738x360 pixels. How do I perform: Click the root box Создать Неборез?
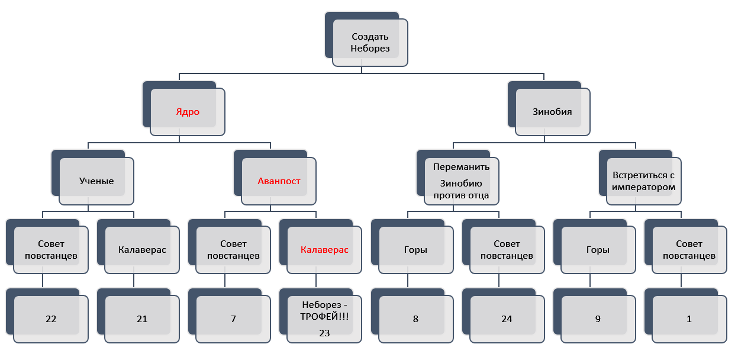(370, 43)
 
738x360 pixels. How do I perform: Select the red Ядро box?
(188, 112)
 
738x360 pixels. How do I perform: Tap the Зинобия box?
(553, 112)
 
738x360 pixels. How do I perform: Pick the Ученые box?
(96, 181)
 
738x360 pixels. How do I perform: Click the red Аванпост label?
(279, 181)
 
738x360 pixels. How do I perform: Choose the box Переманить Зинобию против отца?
(461, 181)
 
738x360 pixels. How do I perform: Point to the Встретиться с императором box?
(643, 181)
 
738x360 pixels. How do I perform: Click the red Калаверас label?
(324, 250)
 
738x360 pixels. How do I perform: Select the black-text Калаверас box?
(142, 250)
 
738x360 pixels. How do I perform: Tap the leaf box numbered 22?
(51, 319)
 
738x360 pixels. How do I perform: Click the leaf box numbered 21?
(142, 319)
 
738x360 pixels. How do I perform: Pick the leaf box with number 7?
(233, 319)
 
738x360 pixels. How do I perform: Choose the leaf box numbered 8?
(415, 319)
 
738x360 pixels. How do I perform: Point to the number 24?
(507, 319)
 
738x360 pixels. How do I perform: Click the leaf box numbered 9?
(598, 319)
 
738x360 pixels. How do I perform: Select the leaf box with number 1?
(689, 319)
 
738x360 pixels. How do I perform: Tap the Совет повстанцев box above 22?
(51, 250)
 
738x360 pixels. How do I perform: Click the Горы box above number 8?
(415, 250)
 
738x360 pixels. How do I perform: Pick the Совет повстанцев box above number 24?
(507, 250)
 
